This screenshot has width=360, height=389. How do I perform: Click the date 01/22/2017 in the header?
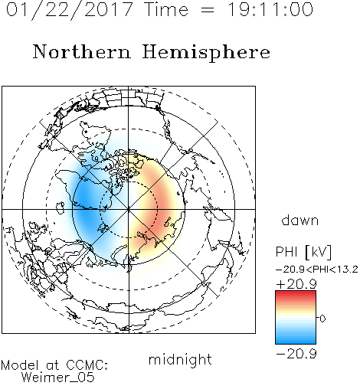click(69, 10)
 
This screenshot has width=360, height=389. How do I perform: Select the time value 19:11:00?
click(270, 10)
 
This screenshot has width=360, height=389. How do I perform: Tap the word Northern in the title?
click(81, 52)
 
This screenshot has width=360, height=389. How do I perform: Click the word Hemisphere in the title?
click(206, 53)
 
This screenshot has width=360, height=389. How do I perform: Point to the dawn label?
click(300, 221)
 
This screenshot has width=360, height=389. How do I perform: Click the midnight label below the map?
click(180, 360)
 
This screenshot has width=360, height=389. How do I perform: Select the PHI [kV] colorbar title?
click(303, 252)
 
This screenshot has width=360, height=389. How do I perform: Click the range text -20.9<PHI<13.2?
click(317, 270)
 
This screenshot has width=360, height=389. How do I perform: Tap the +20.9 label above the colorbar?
click(296, 284)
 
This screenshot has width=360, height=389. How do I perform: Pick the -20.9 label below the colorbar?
click(296, 354)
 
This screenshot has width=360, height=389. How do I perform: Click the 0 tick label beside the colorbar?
click(322, 319)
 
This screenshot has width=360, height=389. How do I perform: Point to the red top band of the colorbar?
click(296, 294)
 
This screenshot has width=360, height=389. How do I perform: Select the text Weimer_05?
click(58, 378)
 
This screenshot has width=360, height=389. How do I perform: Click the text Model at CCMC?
click(54, 365)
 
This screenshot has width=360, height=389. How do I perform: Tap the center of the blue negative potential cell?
click(87, 207)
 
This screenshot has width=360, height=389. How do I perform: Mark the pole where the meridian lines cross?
click(129, 209)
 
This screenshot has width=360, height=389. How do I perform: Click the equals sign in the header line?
click(208, 10)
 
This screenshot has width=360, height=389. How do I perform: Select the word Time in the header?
click(166, 10)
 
